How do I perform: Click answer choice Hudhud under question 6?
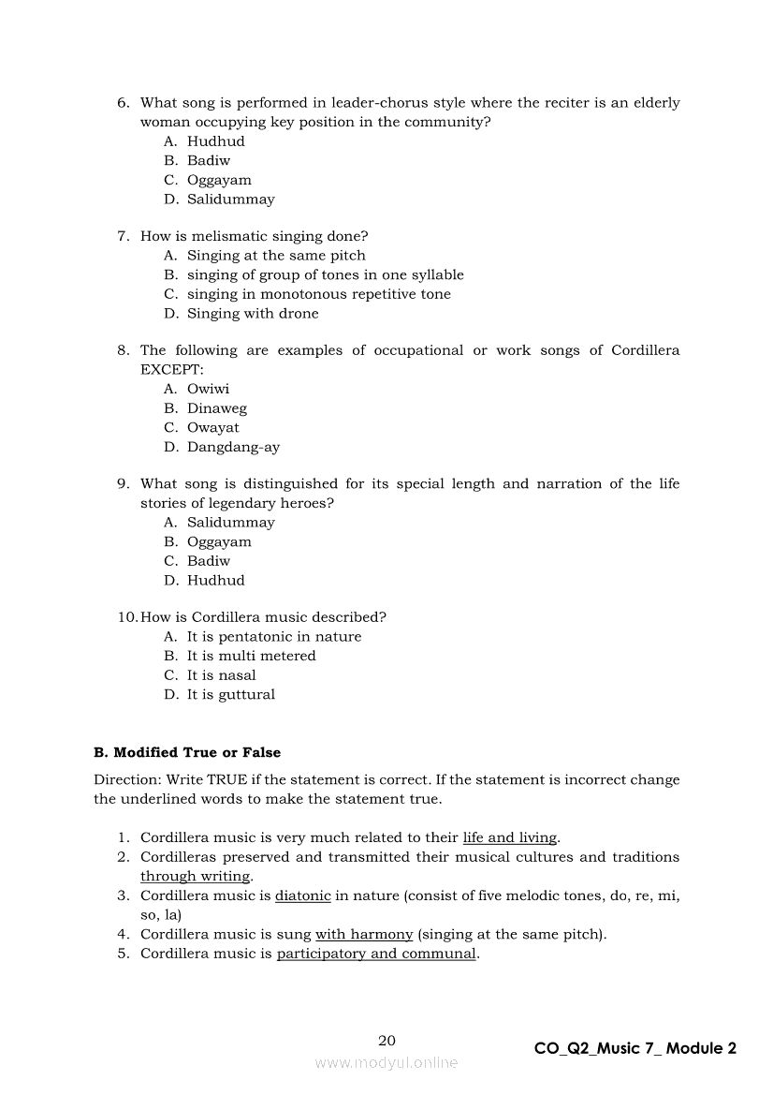(215, 141)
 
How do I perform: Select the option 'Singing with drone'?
(253, 314)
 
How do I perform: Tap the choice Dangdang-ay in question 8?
(233, 448)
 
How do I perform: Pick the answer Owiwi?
(208, 389)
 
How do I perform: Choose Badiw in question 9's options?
(208, 561)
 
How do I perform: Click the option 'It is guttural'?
(230, 695)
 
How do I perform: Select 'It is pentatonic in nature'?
(273, 637)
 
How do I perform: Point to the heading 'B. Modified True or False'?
(187, 752)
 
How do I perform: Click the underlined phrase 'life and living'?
(509, 837)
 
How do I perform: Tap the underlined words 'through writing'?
(195, 877)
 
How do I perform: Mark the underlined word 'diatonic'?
(302, 895)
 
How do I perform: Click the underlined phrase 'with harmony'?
(364, 934)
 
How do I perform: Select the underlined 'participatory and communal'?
(376, 954)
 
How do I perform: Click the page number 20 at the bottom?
(386, 1041)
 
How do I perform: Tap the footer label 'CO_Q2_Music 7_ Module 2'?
(634, 1048)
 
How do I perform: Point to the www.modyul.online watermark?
(386, 1063)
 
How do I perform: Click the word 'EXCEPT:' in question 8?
(165, 370)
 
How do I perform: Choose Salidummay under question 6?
(230, 200)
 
